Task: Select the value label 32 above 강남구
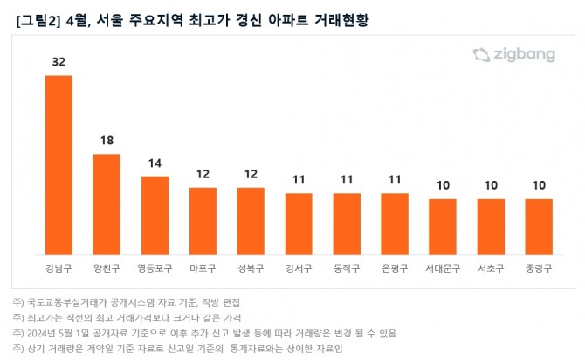click(x=58, y=63)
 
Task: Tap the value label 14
click(x=155, y=163)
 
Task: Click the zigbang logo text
click(x=526, y=54)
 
